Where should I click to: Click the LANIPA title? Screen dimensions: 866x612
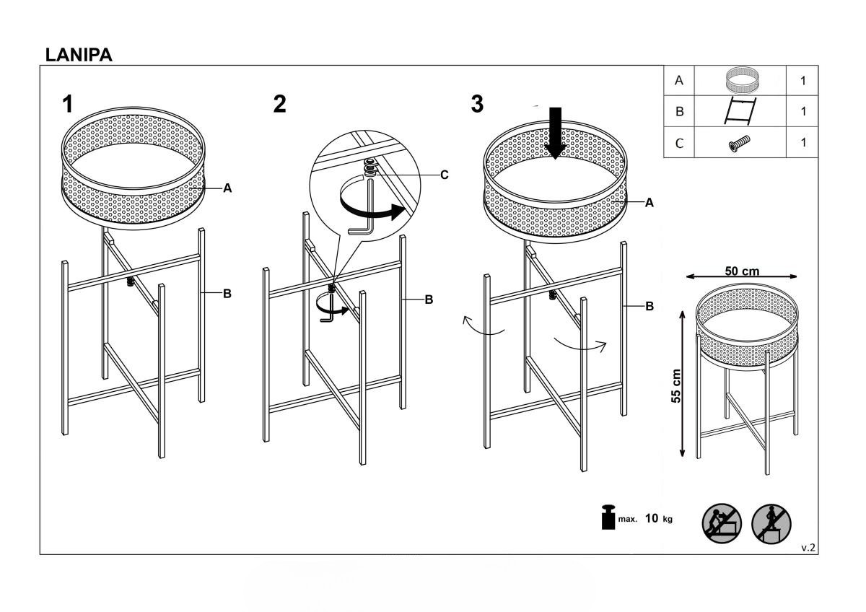pyautogui.click(x=79, y=55)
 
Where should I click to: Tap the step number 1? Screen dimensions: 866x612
pyautogui.click(x=68, y=104)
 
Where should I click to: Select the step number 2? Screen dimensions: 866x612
pyautogui.click(x=279, y=104)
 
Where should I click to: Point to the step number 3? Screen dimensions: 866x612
pyautogui.click(x=477, y=104)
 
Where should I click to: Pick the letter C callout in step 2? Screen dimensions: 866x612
pyautogui.click(x=445, y=175)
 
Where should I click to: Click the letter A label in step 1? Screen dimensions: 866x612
pyautogui.click(x=228, y=188)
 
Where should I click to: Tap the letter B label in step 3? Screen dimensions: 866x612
pyautogui.click(x=649, y=306)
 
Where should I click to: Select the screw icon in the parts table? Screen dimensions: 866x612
pyautogui.click(x=739, y=144)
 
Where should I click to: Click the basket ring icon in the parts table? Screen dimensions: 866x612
pyautogui.click(x=740, y=79)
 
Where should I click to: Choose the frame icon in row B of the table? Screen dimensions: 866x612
pyautogui.click(x=740, y=111)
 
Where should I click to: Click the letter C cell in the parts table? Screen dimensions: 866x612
pyautogui.click(x=679, y=143)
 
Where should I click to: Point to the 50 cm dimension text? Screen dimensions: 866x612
pyautogui.click(x=742, y=271)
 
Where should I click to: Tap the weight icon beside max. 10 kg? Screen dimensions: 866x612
pyautogui.click(x=608, y=517)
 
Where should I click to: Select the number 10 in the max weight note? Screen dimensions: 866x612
pyautogui.click(x=652, y=518)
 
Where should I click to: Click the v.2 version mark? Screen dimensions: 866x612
pyautogui.click(x=808, y=548)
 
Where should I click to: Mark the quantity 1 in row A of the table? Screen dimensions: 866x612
pyautogui.click(x=803, y=80)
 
